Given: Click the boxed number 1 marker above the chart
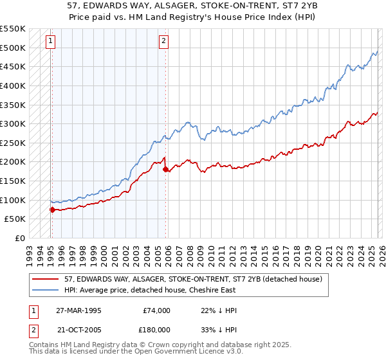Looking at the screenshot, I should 51,41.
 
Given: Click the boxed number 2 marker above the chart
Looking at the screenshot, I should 164,41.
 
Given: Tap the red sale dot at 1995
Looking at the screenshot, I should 52,210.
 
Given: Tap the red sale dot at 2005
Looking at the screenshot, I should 165,169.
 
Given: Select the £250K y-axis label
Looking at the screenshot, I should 14,143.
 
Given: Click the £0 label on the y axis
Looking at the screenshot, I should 20,238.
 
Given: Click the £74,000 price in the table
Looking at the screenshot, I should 157,310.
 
